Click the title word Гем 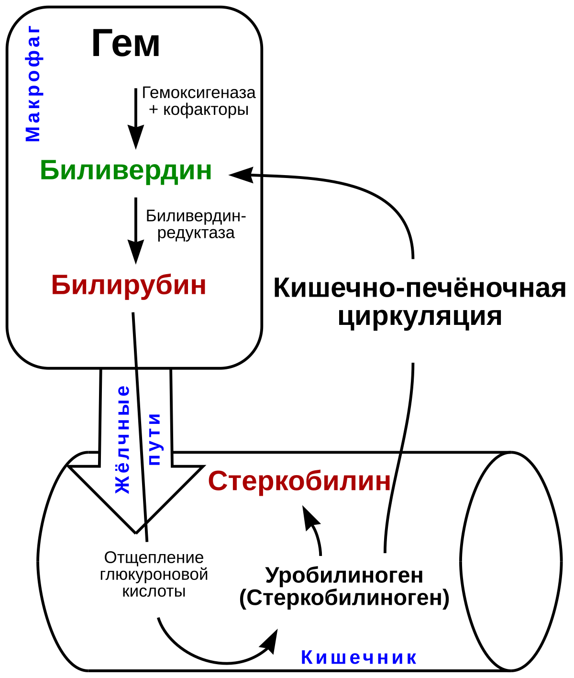click(125, 44)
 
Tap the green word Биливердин click(126, 170)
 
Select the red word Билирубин click(129, 285)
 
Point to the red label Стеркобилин click(299, 481)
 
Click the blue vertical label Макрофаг click(33, 85)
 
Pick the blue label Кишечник click(359, 658)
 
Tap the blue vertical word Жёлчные click(123, 439)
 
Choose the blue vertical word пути click(154, 439)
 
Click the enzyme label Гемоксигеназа click(199, 92)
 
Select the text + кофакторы click(199, 110)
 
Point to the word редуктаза click(196, 233)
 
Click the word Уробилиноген click(344, 575)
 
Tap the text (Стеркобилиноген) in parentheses click(344, 598)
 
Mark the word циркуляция click(420, 317)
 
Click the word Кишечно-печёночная click(420, 289)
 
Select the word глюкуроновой click(154, 574)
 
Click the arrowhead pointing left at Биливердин click(241, 174)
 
